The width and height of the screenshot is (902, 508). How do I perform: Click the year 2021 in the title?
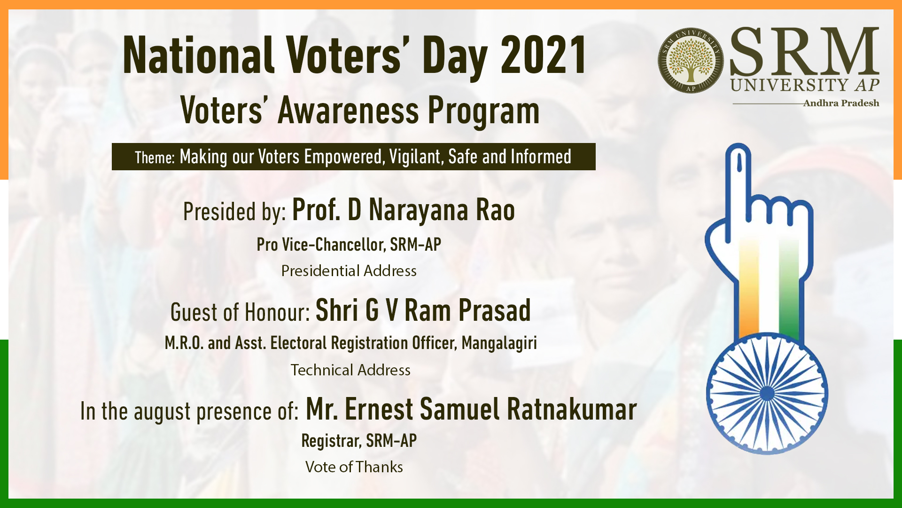(x=544, y=56)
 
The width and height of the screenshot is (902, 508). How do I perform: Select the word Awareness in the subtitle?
(x=348, y=111)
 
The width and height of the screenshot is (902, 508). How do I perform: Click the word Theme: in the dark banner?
(x=155, y=158)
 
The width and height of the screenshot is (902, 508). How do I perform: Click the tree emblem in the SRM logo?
(x=691, y=60)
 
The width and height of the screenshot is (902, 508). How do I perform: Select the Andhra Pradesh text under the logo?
(x=841, y=103)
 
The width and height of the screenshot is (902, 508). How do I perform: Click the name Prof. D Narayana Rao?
(x=404, y=210)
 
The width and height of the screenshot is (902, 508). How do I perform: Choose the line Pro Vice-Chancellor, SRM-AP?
(x=349, y=245)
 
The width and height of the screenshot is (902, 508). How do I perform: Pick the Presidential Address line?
(x=349, y=271)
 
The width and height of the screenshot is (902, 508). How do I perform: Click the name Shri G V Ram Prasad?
(x=423, y=310)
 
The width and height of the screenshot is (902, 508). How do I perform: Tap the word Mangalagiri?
(x=499, y=343)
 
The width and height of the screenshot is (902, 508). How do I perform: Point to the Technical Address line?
(x=350, y=370)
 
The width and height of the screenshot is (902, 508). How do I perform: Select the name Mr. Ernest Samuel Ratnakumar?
(x=471, y=409)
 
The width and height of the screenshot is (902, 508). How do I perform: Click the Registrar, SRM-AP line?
(x=359, y=441)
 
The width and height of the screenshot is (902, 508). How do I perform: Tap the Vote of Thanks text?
(x=354, y=467)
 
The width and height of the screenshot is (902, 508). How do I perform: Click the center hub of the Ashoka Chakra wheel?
(x=767, y=393)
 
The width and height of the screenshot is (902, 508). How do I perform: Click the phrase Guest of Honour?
(x=240, y=312)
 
